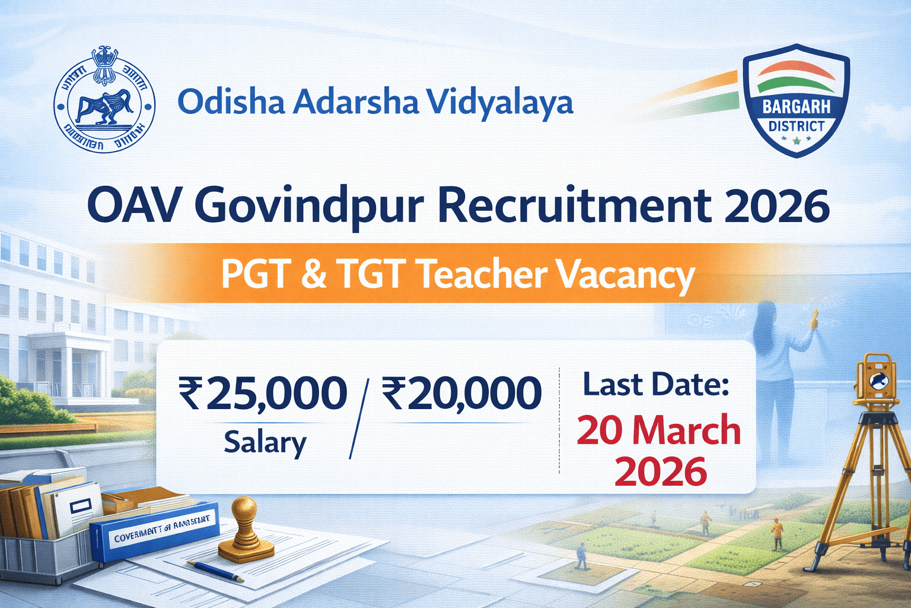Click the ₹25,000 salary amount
pos(263,394)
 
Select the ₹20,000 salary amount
pos(461,394)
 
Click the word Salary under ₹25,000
pos(265,442)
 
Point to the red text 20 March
pos(659,430)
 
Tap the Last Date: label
pos(656,385)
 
